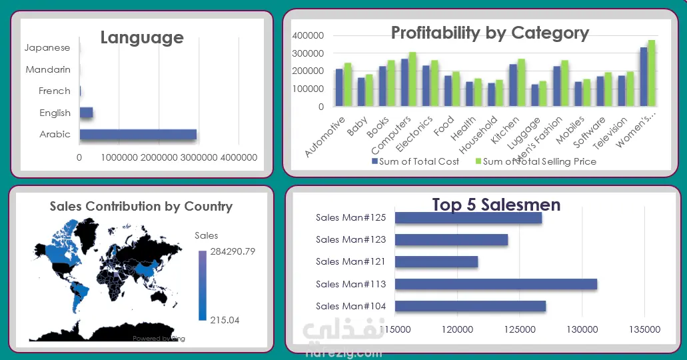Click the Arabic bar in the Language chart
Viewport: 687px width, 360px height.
(x=138, y=135)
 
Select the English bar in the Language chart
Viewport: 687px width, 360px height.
(x=86, y=113)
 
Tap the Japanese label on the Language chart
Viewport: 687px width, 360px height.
(x=47, y=48)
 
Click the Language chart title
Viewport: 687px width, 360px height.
(x=142, y=37)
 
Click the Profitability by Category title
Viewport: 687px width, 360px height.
(x=490, y=33)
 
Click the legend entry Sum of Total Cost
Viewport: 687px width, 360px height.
(x=416, y=161)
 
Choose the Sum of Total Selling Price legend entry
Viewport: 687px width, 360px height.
(x=536, y=161)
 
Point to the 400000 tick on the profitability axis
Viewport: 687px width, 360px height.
(x=308, y=35)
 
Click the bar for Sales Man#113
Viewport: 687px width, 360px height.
(x=496, y=284)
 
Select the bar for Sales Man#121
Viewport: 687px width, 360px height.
(x=436, y=262)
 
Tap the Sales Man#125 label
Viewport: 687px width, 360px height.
(x=351, y=217)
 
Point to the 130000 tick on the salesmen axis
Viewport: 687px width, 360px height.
(x=582, y=329)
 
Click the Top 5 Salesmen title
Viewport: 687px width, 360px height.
(x=496, y=204)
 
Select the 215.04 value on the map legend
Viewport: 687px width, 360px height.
(x=225, y=320)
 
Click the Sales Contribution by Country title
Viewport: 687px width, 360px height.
(x=141, y=206)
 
